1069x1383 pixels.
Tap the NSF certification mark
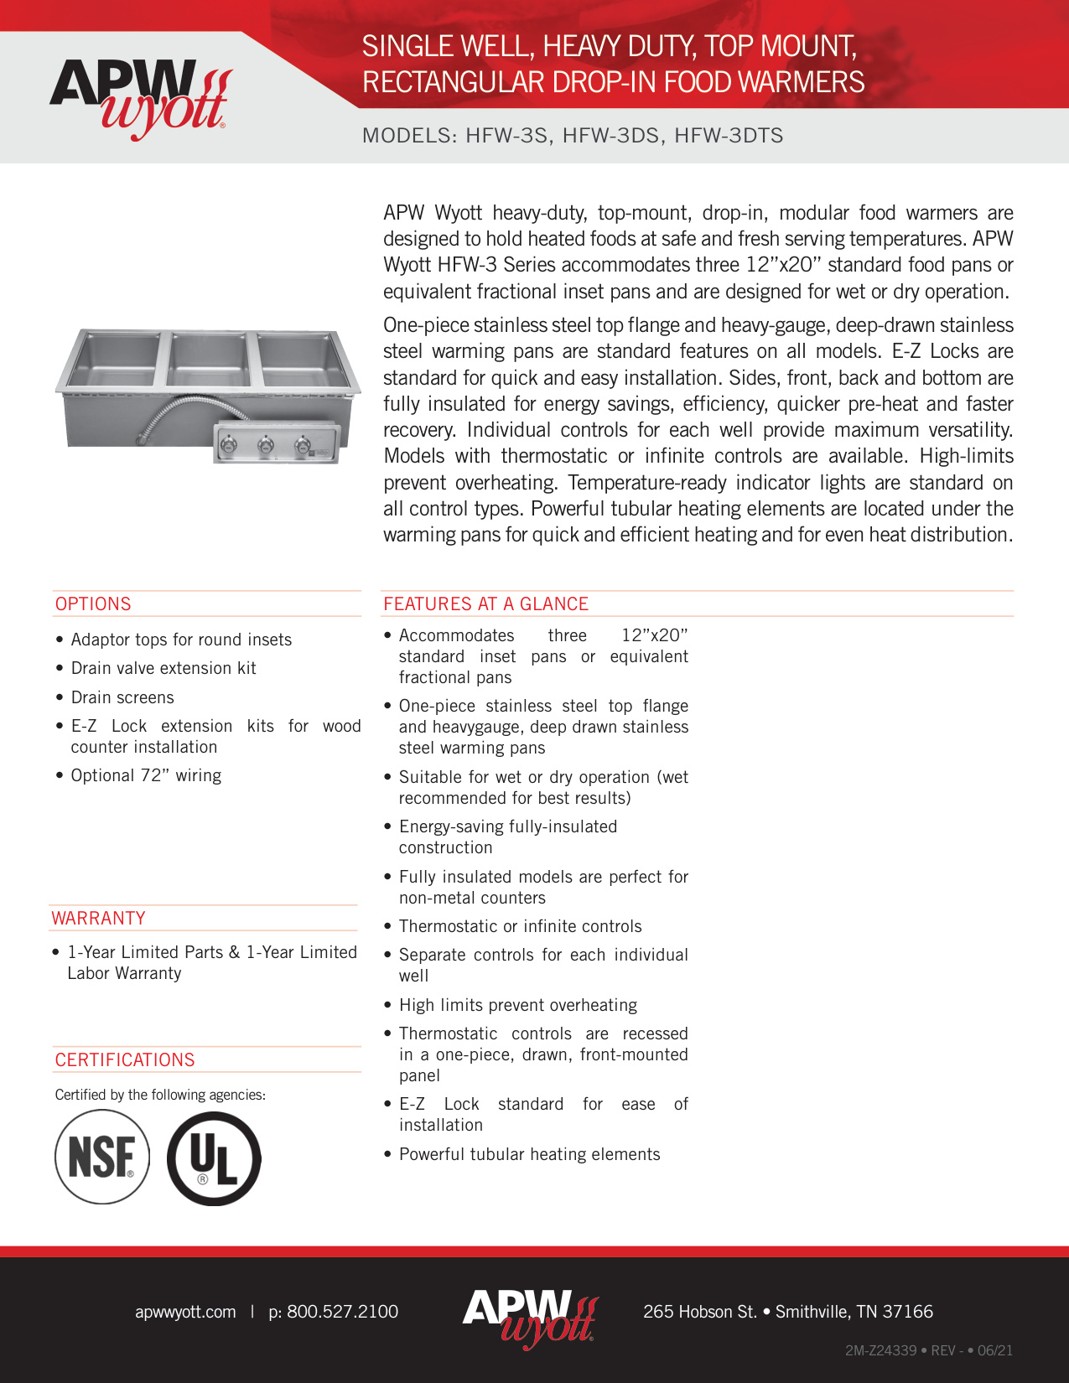point(101,1157)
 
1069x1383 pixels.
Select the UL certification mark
point(214,1158)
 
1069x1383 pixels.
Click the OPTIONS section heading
point(93,603)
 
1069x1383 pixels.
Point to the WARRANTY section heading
point(98,918)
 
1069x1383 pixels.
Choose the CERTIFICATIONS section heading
point(125,1059)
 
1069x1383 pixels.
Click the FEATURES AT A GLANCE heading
point(485,603)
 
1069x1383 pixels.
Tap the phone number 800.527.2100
point(342,1312)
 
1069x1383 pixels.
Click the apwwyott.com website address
point(185,1312)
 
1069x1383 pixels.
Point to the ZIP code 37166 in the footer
point(907,1312)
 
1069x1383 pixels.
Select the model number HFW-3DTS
point(729,136)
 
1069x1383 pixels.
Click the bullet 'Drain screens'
point(122,697)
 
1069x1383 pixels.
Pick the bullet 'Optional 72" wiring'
point(146,775)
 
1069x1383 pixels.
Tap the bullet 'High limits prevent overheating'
point(517,1005)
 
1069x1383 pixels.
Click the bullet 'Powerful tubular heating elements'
point(529,1154)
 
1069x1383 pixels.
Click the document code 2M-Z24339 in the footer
point(880,1350)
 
